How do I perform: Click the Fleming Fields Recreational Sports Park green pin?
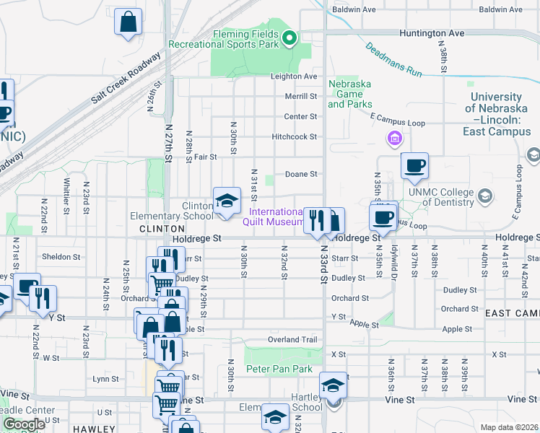coord(289,38)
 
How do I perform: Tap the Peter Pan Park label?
coord(279,369)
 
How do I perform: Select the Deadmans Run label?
coord(393,60)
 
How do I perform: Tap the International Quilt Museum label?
coord(276,216)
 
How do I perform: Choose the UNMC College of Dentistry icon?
coord(485,196)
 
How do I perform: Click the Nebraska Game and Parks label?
coord(349,94)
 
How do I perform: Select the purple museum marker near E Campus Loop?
coord(394,138)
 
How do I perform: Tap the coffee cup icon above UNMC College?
coord(414,166)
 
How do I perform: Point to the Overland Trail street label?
coord(292,339)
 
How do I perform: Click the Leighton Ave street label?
coord(294,76)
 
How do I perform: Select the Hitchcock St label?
coord(295,136)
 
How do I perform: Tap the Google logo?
coord(24,425)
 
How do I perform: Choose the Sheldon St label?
coord(61,257)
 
